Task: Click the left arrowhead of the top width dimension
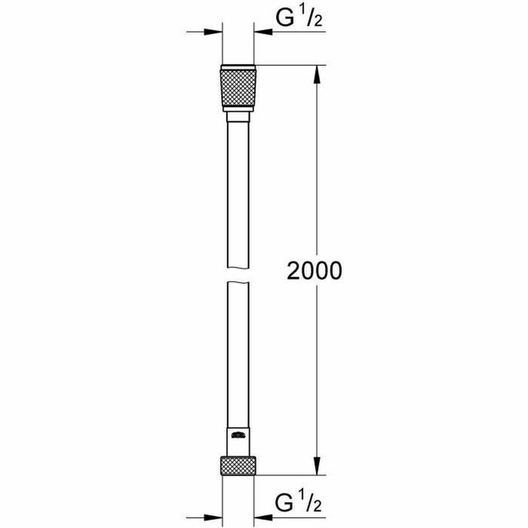214,31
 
